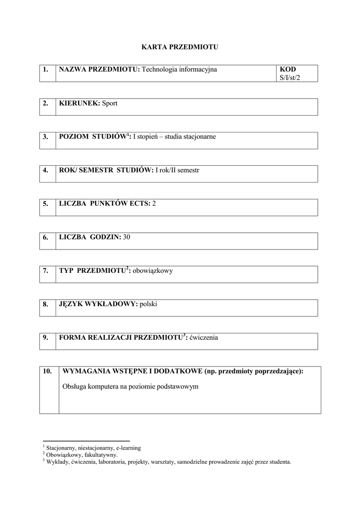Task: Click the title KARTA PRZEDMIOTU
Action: [x=180, y=47]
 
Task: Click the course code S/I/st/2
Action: [x=290, y=78]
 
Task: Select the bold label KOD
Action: [x=288, y=69]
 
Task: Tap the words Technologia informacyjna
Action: [x=179, y=69]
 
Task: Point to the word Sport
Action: [x=110, y=103]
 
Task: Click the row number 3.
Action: [x=46, y=136]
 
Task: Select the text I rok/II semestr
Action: [x=177, y=170]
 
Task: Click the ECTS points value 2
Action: [x=154, y=203]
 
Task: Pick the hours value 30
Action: [x=127, y=237]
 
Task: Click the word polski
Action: [x=148, y=304]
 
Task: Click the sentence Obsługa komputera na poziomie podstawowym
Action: [x=131, y=386]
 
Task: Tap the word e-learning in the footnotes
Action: [x=128, y=447]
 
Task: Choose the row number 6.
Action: [x=46, y=237]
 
